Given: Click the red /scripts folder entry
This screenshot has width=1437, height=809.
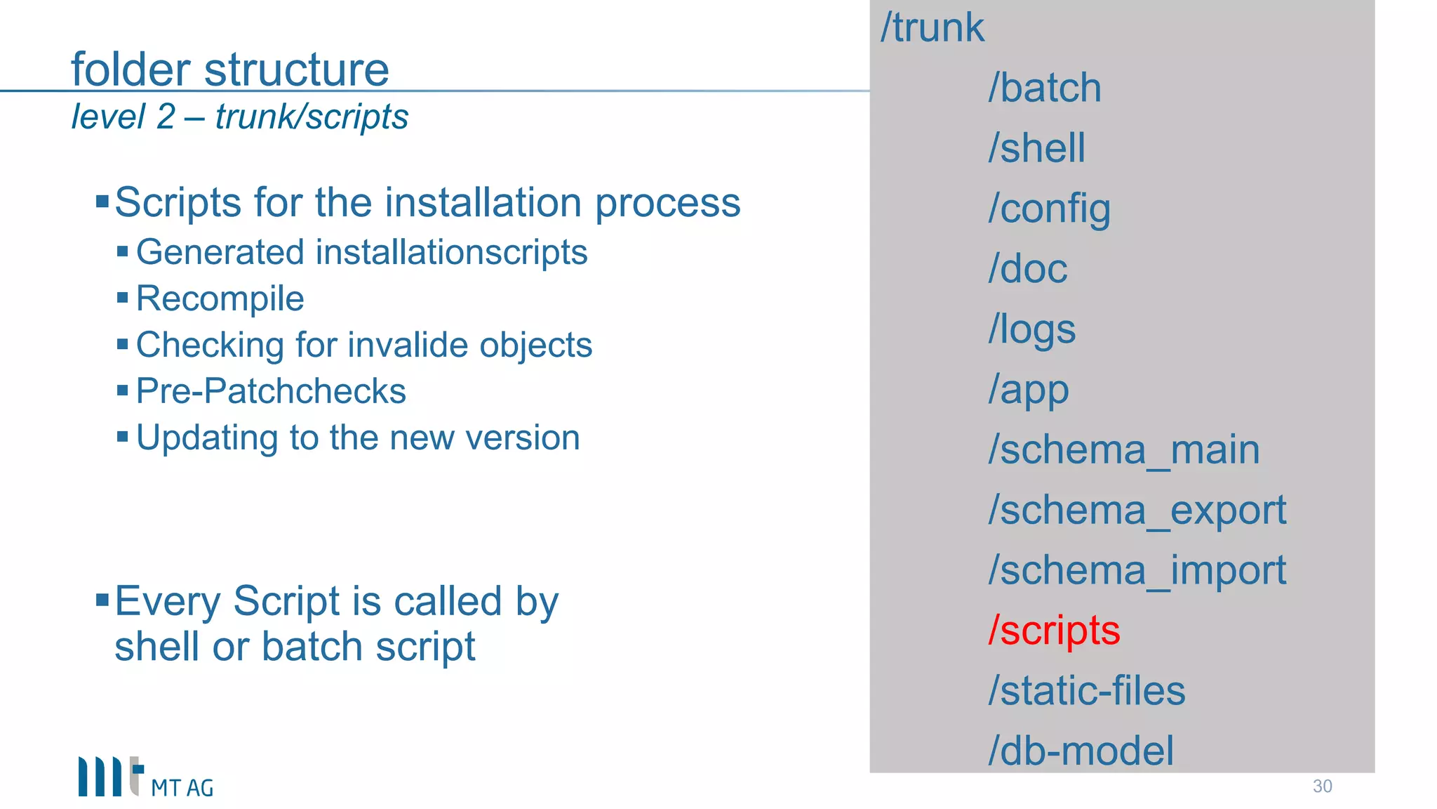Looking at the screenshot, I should click(1054, 630).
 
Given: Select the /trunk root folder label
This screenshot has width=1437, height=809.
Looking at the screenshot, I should click(933, 28).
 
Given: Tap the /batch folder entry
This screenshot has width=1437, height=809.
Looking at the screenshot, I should click(1045, 88).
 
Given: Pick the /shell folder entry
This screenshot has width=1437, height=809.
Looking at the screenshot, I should click(1036, 148).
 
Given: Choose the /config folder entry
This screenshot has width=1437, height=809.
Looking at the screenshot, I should click(1049, 209).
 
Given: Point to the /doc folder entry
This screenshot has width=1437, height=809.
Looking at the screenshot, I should click(1028, 269).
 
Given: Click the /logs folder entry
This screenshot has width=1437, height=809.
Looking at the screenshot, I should click(1032, 329).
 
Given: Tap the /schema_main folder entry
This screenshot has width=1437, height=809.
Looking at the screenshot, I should click(1124, 449).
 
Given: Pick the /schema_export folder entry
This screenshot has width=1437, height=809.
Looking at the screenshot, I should click(1137, 510).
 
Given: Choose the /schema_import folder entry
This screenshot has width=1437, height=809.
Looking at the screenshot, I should click(1137, 570).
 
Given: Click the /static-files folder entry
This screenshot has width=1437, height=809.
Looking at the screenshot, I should click(1087, 690).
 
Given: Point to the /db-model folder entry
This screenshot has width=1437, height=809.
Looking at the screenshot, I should click(1081, 751).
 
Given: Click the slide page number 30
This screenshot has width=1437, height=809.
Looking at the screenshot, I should click(1322, 786).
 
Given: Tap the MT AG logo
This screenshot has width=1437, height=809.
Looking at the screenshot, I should click(145, 777).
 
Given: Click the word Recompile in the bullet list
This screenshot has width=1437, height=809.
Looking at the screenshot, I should click(220, 298).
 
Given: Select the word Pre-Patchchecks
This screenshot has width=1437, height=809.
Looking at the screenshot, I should click(271, 391).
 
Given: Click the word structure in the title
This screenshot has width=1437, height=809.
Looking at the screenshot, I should click(296, 70).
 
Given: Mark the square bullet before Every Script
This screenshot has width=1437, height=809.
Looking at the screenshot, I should click(102, 600).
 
